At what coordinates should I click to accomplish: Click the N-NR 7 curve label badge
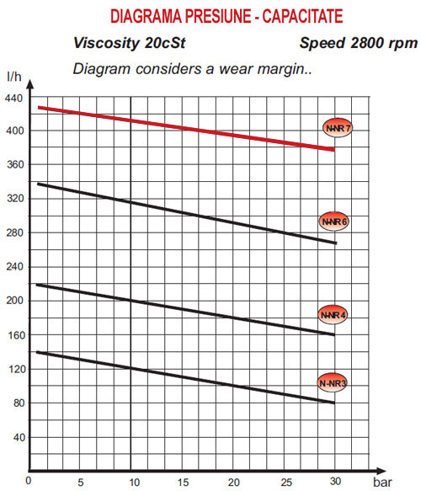pos(338,128)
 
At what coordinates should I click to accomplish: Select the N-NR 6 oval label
pos(333,221)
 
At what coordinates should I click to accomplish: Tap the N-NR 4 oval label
pos(333,314)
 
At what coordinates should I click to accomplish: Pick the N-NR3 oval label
pos(333,382)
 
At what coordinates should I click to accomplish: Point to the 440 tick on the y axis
pos(13,99)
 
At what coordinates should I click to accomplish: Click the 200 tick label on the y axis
pos(15,301)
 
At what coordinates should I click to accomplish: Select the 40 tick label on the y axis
pos(19,437)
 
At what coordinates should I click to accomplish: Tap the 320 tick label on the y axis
pos(15,198)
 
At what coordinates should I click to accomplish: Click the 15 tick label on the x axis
pos(183,482)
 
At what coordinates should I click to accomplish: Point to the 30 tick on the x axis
pos(335,481)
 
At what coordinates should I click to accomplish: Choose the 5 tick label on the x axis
pos(81,482)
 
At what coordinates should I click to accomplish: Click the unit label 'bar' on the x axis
pos(382,483)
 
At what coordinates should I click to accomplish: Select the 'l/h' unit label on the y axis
pos(14,77)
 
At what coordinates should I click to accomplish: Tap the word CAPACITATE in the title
pos(302,16)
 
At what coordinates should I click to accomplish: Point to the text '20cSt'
pos(165,43)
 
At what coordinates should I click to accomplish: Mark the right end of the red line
pos(334,150)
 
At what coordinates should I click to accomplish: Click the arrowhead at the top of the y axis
pos(29,84)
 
